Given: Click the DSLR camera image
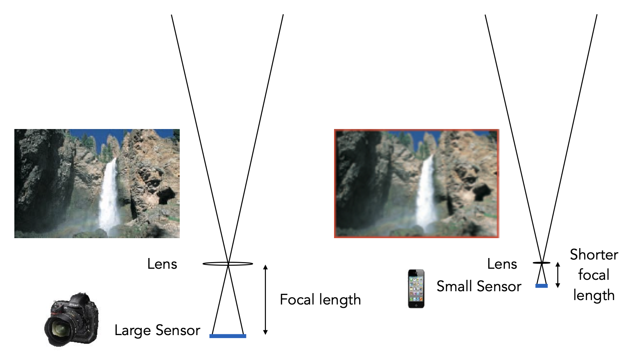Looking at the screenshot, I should pos(72,320).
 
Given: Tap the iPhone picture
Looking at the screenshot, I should pos(416,289).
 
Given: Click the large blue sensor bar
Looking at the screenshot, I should pos(228,336).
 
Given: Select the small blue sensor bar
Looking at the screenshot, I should pos(541,286).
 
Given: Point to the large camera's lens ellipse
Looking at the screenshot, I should pos(228,264).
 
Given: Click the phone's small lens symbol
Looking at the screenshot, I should pos(541,263).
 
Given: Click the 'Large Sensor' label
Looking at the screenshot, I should pos(157,330).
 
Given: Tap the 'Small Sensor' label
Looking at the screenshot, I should pos(479,286).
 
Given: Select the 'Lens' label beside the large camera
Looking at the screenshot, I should pos(162,264).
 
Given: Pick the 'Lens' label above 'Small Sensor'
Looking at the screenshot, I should pos(502,264).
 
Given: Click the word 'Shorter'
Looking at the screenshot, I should pos(594,255).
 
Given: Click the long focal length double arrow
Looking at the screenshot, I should pos(265,299).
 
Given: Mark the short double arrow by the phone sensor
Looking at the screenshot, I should pos(558,275).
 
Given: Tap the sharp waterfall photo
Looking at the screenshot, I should pos(97,183).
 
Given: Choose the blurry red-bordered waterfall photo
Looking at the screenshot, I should pos(416,183).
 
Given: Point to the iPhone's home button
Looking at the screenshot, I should pos(416,305).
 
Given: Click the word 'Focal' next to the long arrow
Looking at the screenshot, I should pos(296,299).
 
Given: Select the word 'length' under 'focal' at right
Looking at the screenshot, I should pos(594,295).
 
